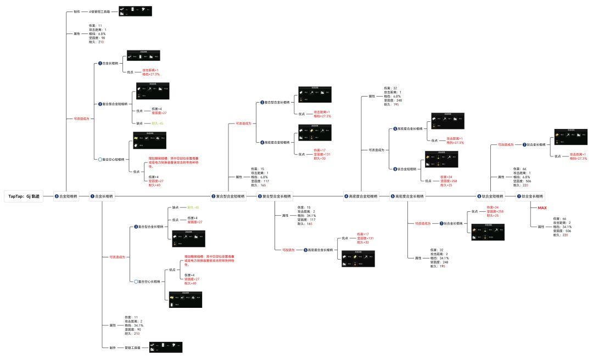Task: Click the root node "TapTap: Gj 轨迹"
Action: click(24, 196)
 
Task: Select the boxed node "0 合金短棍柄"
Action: click(66, 196)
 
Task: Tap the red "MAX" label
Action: click(542, 208)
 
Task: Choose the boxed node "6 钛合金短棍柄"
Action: click(490, 196)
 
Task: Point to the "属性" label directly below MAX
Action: click(541, 226)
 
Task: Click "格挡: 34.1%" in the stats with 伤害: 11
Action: click(134, 325)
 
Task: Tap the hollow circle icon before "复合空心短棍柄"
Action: click(97, 160)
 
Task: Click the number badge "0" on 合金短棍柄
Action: click(56, 196)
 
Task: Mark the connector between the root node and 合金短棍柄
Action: click(48, 196)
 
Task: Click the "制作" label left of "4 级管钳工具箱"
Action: click(77, 11)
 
